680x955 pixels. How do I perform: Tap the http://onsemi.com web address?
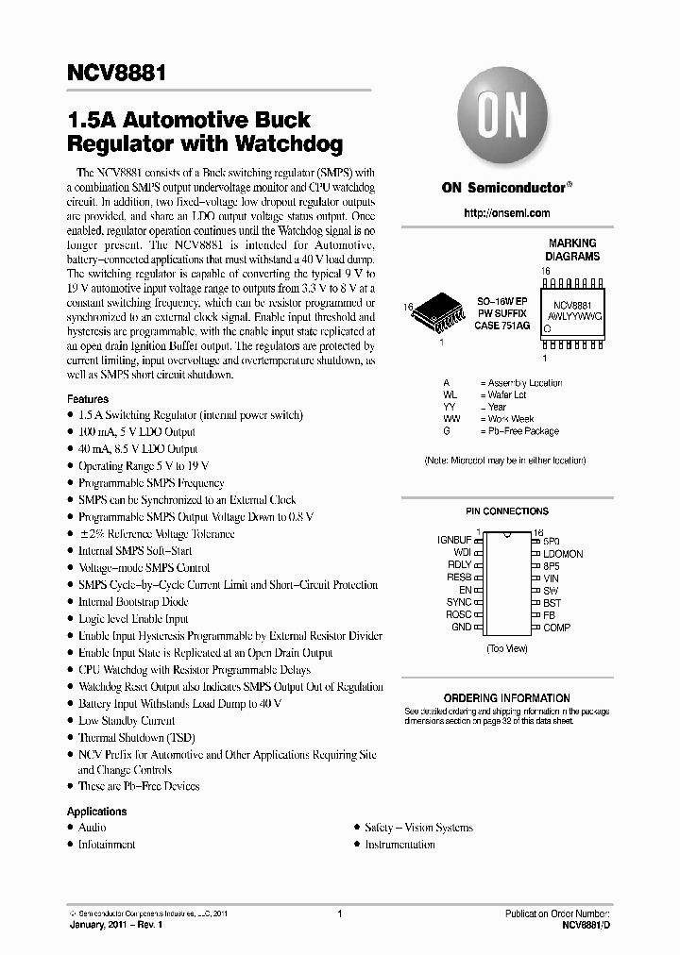point(505,215)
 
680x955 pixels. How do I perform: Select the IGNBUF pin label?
point(453,541)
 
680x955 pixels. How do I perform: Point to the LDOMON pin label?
point(563,553)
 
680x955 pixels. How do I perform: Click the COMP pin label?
point(556,627)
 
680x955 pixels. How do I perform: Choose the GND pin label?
point(460,627)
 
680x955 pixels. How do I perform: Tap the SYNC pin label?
point(459,602)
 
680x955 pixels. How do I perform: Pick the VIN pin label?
point(551,578)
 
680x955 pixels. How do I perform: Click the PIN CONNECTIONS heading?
point(506,511)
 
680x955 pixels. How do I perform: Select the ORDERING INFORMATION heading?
point(506,698)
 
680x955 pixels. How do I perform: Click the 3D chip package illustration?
point(440,320)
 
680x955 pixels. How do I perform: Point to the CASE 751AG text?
point(501,326)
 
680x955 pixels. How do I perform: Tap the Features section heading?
point(87,399)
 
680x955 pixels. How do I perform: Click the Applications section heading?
point(96,812)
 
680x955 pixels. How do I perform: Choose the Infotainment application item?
point(107,845)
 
